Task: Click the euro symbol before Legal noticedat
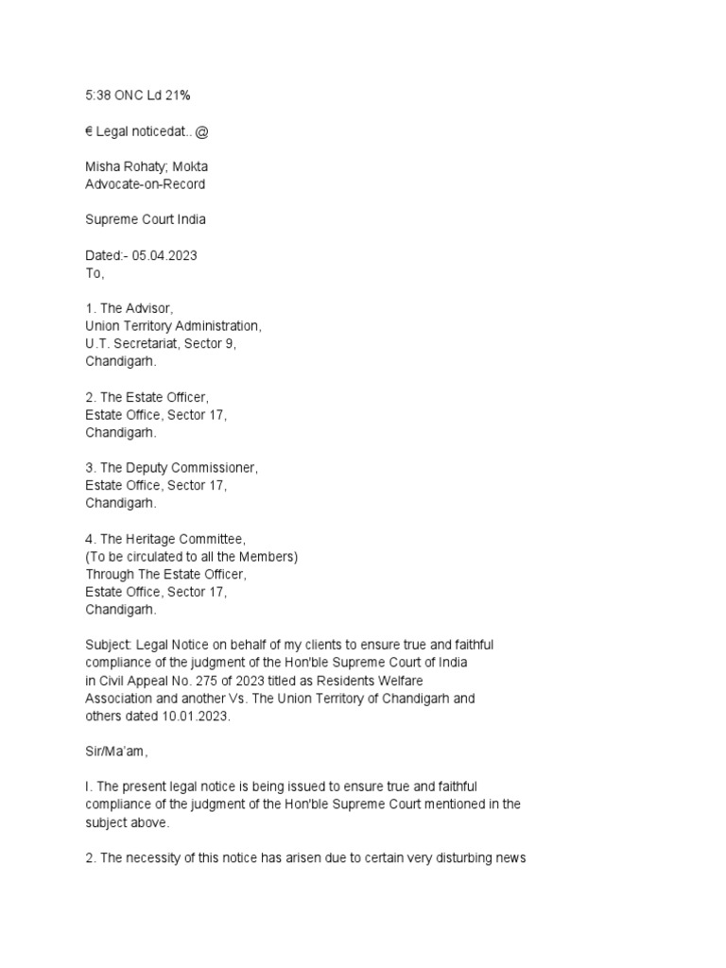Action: tap(90, 131)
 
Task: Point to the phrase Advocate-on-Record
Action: tap(145, 183)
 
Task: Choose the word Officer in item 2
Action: tap(182, 397)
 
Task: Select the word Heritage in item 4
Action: tap(151, 539)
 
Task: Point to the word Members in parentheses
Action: tap(267, 557)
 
